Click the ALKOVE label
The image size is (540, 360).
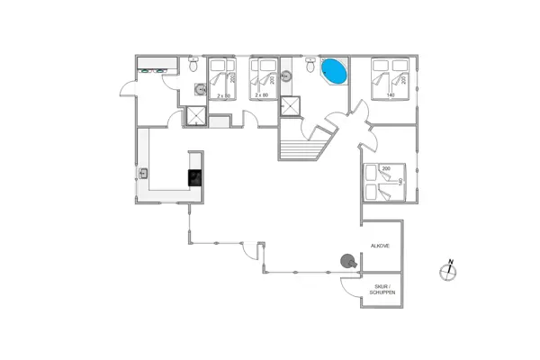point(380,245)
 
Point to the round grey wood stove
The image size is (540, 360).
point(347,261)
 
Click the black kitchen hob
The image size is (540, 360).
point(194,177)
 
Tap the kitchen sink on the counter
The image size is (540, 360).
point(144,174)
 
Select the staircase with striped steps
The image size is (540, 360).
point(300,147)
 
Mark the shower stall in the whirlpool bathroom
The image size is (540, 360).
point(292,105)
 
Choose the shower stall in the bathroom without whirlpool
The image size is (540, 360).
point(195,116)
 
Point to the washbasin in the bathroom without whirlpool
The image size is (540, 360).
point(199,89)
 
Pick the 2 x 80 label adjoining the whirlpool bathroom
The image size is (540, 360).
point(262,94)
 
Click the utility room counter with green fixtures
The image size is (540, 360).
point(155,67)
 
